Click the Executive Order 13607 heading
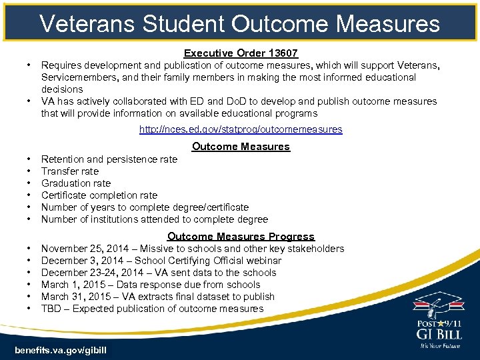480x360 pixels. tap(241, 53)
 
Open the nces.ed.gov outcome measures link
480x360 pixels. tap(241, 129)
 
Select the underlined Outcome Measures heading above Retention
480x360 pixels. tap(241, 146)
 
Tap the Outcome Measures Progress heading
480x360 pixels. tap(241, 236)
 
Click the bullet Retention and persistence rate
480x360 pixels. tap(109, 159)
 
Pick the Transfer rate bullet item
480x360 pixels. tap(70, 171)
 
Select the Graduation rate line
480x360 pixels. tap(76, 183)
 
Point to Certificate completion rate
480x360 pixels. tap(99, 195)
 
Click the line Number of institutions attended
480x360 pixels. tap(155, 219)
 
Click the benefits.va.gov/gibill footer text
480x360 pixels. tap(60, 350)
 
